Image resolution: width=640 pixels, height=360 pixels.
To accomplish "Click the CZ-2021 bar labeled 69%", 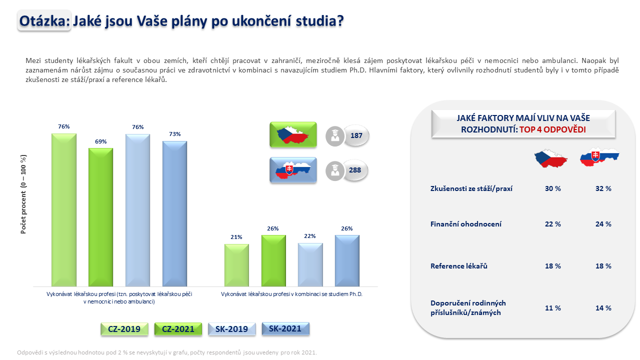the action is (x=100, y=217).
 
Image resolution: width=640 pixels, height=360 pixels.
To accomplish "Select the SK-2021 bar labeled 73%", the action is (x=174, y=213).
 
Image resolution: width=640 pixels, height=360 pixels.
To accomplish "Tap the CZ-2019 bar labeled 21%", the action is (x=236, y=265).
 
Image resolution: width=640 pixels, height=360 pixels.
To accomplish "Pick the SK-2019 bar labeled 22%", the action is (x=310, y=265).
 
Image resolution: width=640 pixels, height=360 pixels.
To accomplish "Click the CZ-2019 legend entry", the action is (x=124, y=329).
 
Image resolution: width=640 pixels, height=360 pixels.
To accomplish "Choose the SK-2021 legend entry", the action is (x=285, y=328).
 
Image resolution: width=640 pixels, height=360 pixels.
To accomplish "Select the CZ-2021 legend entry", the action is (x=178, y=329).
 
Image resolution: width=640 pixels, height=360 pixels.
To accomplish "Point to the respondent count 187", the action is (x=356, y=135).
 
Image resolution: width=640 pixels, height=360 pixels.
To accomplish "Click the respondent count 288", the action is (x=355, y=170).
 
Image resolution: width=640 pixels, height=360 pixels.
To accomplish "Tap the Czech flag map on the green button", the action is (x=293, y=135).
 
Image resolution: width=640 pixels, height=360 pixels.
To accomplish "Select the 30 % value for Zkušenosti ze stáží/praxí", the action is (x=552, y=188).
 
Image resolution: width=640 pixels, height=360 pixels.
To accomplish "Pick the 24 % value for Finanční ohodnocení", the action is (x=603, y=224).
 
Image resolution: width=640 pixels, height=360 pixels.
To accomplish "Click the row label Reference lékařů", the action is (x=459, y=266).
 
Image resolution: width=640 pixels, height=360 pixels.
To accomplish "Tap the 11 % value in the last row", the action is (x=552, y=308).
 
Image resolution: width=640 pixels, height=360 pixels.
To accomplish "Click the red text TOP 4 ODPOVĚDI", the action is (x=552, y=129).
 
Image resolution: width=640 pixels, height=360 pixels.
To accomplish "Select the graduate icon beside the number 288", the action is (x=335, y=171).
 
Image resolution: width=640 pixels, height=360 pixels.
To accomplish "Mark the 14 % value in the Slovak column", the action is (x=603, y=308).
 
